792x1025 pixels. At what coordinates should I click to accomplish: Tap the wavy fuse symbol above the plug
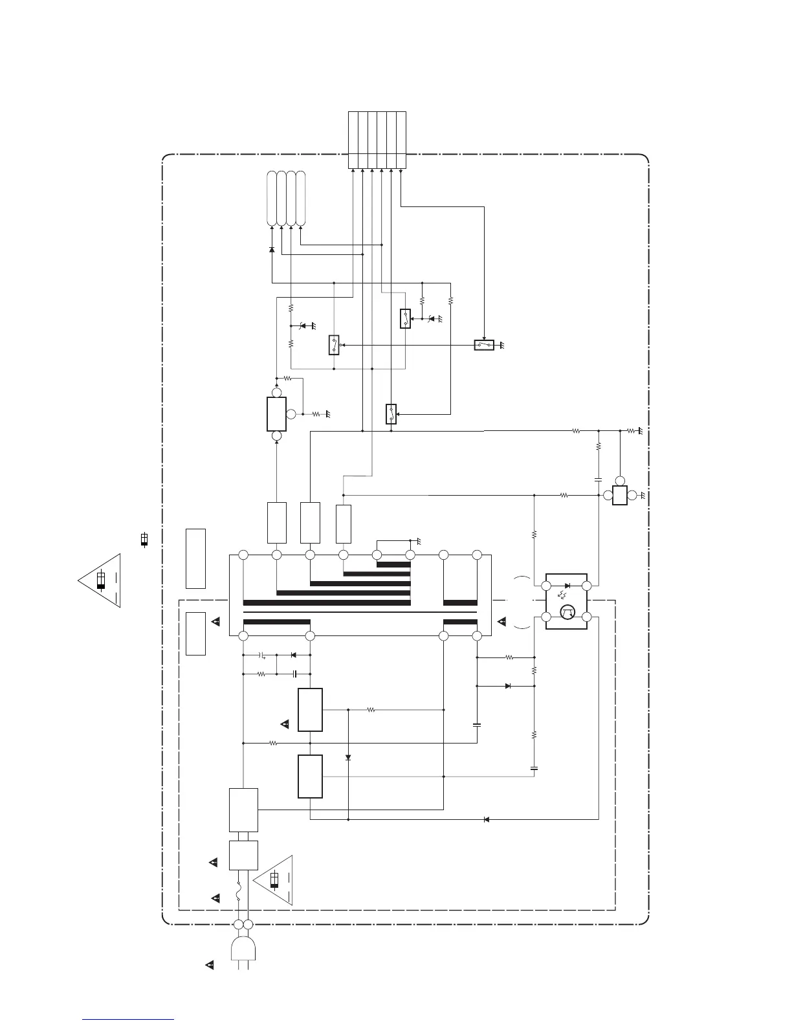[x=239, y=896]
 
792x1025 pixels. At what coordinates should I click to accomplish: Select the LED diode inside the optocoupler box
[x=567, y=586]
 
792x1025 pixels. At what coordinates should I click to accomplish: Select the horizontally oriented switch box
[x=484, y=345]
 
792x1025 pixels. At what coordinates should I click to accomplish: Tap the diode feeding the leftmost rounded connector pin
[x=272, y=249]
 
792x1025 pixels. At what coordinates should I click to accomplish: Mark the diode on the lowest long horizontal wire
[x=486, y=819]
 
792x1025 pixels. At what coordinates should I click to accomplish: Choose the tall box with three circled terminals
[x=276, y=414]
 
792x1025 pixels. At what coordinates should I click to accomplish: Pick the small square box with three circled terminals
[x=619, y=496]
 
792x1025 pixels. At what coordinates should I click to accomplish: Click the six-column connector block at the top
[x=377, y=140]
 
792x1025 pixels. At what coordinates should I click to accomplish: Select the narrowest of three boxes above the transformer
[x=344, y=524]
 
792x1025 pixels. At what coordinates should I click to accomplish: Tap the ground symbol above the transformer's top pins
[x=418, y=540]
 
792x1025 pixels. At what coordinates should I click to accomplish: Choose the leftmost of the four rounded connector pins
[x=272, y=198]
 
